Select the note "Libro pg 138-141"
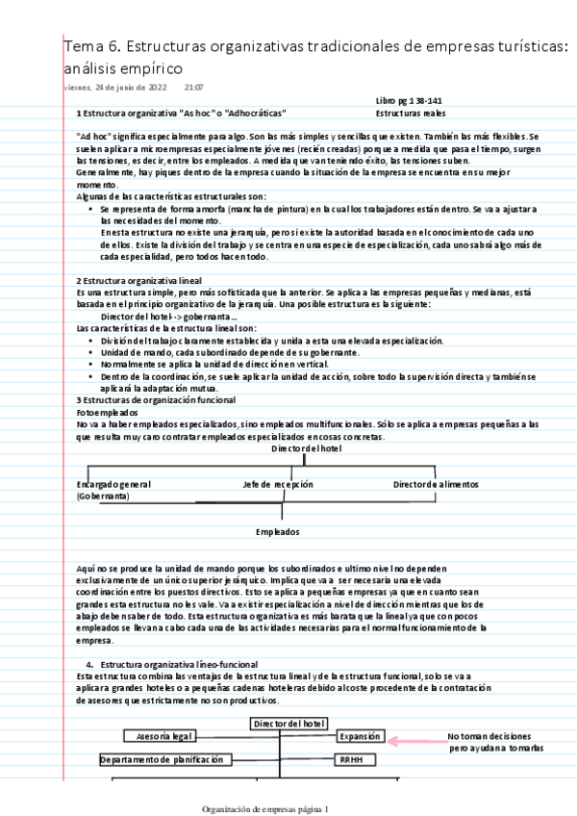click(410, 101)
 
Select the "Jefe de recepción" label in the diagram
click(278, 484)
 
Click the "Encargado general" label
click(113, 484)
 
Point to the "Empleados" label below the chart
click(278, 531)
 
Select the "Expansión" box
click(360, 736)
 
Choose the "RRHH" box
click(350, 759)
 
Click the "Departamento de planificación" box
click(167, 759)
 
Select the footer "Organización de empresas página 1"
click(265, 809)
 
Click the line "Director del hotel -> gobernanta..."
click(168, 316)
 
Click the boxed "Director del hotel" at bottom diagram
click(288, 723)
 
